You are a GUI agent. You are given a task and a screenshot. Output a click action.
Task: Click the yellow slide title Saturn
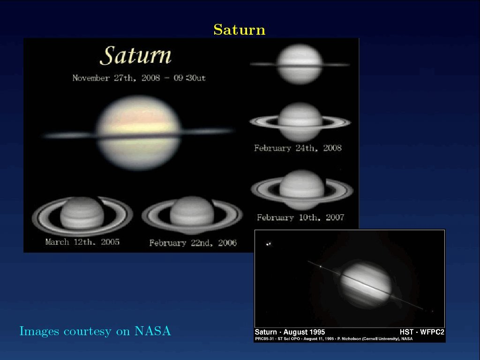(x=240, y=30)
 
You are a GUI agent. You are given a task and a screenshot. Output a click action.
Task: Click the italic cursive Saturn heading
(x=135, y=55)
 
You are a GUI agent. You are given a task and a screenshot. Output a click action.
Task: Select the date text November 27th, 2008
(x=116, y=78)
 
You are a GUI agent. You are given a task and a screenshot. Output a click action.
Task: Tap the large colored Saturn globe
(x=139, y=133)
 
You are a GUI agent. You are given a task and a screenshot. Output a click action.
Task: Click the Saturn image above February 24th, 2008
(x=300, y=122)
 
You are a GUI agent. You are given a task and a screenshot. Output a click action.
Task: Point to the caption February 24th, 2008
(x=298, y=148)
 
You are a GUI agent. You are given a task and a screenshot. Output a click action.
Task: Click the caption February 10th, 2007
(x=300, y=217)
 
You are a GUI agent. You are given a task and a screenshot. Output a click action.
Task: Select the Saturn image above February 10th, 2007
(x=302, y=190)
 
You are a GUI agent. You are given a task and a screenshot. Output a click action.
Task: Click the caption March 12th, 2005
(x=82, y=242)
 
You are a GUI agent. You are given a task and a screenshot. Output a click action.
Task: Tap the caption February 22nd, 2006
(x=193, y=243)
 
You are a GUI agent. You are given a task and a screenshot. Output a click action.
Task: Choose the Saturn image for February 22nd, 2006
(x=192, y=216)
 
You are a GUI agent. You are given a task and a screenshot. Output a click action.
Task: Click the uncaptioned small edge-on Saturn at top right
(x=300, y=64)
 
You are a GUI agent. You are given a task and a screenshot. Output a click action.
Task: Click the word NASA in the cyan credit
(x=153, y=331)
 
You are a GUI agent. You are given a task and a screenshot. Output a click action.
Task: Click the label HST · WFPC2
(x=422, y=332)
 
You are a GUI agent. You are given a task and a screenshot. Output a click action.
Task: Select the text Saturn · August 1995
(x=290, y=332)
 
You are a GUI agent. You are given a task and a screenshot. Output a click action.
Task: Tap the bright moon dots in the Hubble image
(x=269, y=244)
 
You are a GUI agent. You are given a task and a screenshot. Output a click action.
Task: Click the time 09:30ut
(x=189, y=78)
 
